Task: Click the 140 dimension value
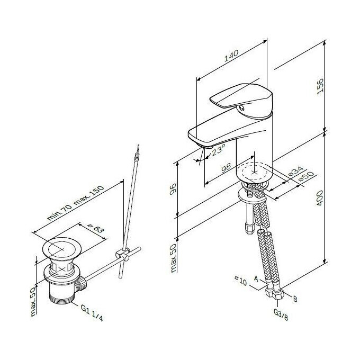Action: pos(231,56)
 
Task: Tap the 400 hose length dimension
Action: pos(320,198)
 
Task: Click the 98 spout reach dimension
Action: pos(226,167)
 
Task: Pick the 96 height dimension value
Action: pos(173,188)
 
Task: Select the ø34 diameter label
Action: pos(296,172)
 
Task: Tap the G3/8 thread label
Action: pos(281,314)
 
